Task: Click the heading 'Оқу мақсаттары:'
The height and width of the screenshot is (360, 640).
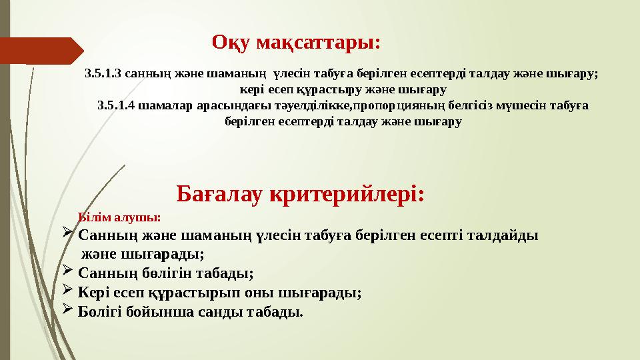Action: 296,43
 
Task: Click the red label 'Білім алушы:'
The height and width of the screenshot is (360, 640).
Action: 119,217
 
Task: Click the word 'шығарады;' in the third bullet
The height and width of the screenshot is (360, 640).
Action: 330,292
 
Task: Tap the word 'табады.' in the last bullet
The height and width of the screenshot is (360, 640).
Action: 277,311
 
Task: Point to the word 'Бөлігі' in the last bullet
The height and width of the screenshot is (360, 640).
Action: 99,311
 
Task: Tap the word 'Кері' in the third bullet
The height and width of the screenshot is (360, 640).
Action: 93,292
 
